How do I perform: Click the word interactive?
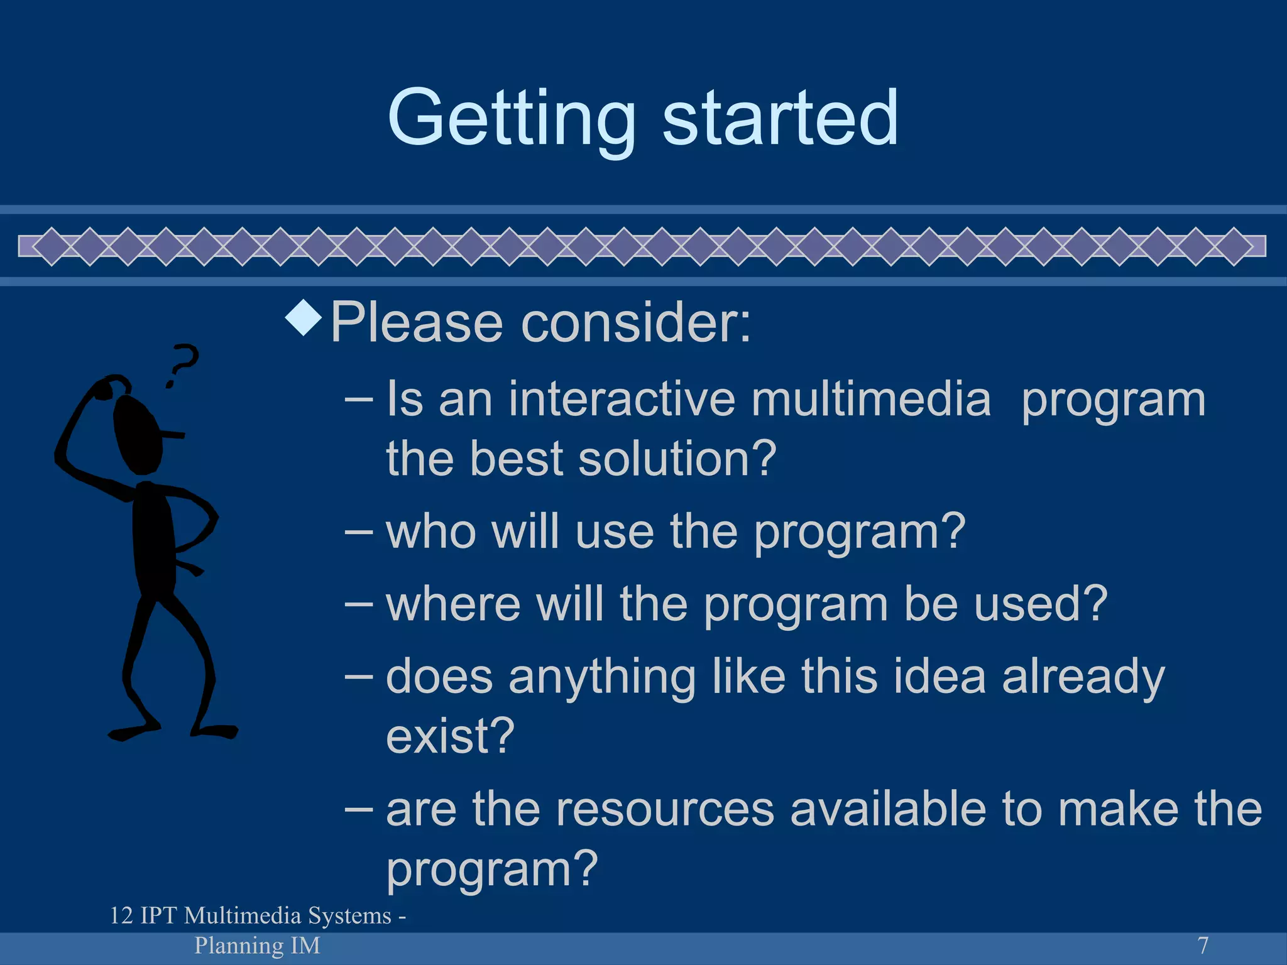(622, 400)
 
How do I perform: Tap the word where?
(452, 604)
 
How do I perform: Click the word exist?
(450, 736)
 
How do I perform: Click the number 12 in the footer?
(121, 916)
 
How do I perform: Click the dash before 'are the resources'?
(359, 809)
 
